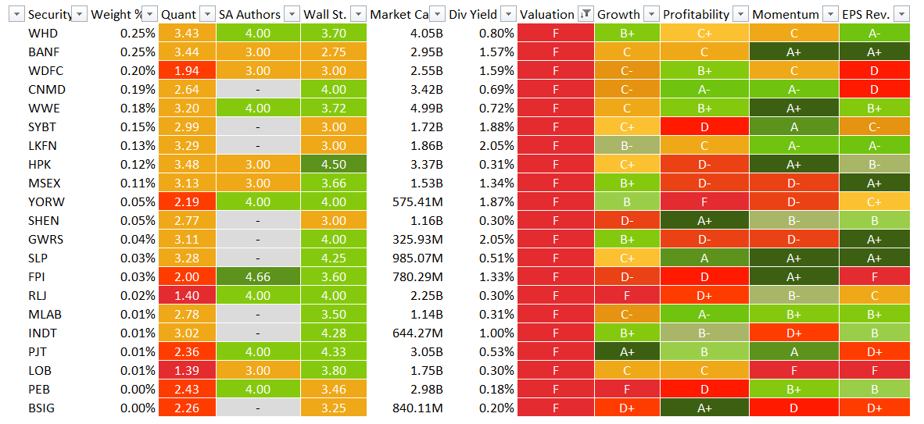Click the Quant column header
coord(178,14)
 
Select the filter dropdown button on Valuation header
coord(586,14)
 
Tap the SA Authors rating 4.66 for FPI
coord(257,276)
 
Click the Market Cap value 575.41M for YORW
coord(417,201)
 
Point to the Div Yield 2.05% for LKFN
coord(492,145)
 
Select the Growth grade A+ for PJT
coord(626,351)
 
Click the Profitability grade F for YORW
coord(704,201)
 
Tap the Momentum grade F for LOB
coord(793,370)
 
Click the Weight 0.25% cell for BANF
coord(138,52)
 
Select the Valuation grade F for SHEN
coord(555,220)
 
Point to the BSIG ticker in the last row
coord(41,408)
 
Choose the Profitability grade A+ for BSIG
coord(704,408)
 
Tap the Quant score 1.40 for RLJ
coord(187,295)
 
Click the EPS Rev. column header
coord(867,14)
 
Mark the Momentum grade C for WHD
coord(793,33)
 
